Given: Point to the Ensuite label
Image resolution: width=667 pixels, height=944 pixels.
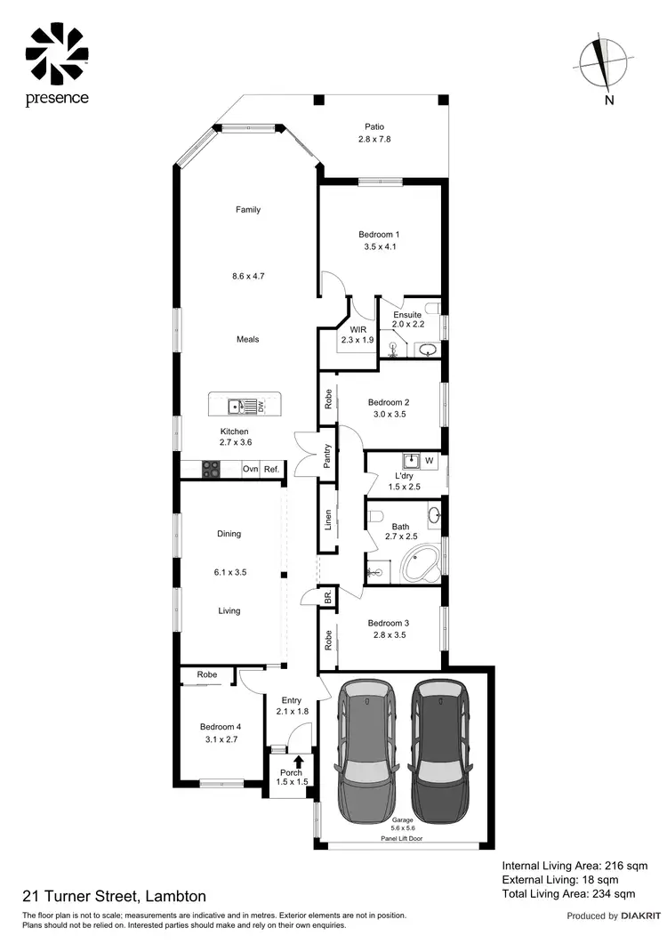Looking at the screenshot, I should tap(406, 314).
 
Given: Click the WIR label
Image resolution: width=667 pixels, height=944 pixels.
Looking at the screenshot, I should tap(358, 329).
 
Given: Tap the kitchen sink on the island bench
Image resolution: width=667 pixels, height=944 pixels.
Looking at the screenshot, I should tap(237, 407).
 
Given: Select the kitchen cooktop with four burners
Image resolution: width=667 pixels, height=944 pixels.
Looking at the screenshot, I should tap(211, 469).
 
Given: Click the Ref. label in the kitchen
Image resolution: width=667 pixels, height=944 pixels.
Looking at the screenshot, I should tap(271, 469).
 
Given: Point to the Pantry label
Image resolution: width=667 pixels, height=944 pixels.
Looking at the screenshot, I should tap(327, 456).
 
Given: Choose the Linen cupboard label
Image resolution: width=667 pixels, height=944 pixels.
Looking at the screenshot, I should tap(327, 518).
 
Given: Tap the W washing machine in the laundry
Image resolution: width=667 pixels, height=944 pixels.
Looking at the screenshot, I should tap(429, 461).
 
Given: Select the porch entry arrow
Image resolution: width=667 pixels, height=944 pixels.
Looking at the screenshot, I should tap(298, 761).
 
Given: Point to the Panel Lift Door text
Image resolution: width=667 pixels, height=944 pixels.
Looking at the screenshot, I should tap(404, 838).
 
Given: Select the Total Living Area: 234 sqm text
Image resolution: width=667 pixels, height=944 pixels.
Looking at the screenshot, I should tap(568, 893).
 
